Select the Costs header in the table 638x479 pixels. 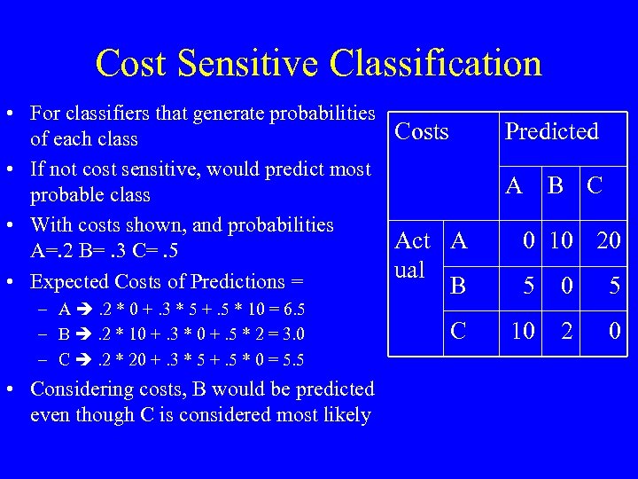pos(422,132)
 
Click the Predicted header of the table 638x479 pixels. pos(551,132)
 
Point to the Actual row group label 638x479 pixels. pos(412,255)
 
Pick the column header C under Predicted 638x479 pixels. pos(595,185)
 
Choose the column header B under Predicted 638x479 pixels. pos(556,185)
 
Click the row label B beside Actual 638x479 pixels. pos(459,286)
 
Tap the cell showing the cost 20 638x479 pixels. pos(607,240)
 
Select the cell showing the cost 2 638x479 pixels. pos(568,331)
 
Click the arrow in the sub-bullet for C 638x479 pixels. pos(84,359)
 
